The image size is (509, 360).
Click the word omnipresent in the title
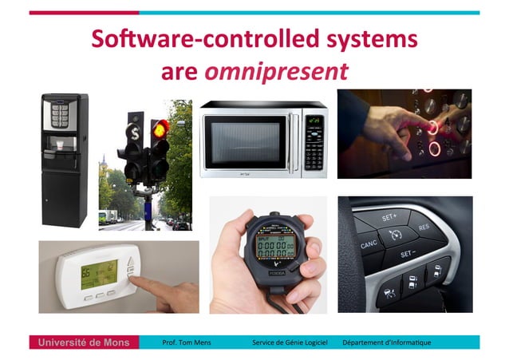point(276,72)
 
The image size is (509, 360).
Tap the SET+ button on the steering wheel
point(389,216)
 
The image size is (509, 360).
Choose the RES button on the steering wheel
point(424,228)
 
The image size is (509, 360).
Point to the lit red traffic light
point(161,127)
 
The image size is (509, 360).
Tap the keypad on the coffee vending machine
point(57,117)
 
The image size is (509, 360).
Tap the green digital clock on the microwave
point(314,121)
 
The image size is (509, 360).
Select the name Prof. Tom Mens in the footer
point(188,342)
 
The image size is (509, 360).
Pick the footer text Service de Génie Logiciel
point(289,342)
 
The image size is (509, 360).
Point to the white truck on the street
point(105,216)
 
